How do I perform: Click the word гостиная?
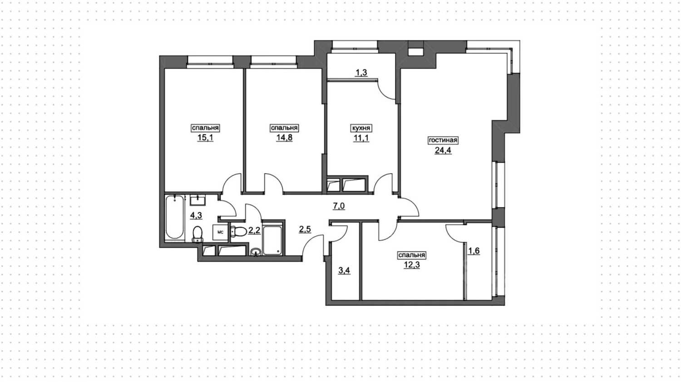(x=443, y=140)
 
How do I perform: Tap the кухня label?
(x=361, y=128)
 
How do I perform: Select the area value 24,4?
(x=443, y=150)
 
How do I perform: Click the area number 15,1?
(x=205, y=137)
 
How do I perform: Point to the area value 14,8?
(x=284, y=137)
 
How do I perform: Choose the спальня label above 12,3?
(x=412, y=255)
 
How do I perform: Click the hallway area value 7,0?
(x=339, y=206)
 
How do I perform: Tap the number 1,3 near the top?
(x=361, y=73)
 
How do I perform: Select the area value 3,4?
(x=344, y=270)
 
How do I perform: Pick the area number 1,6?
(x=474, y=251)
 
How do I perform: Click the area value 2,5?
(x=305, y=229)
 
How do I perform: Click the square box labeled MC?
(x=220, y=232)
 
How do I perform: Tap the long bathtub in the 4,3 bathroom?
(x=174, y=218)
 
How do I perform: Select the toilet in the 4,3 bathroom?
(x=197, y=234)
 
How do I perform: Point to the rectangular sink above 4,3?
(x=198, y=200)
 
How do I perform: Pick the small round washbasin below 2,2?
(x=256, y=251)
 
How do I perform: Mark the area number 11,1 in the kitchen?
(x=361, y=138)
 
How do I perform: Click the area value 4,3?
(x=196, y=215)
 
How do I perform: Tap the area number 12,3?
(x=412, y=265)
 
